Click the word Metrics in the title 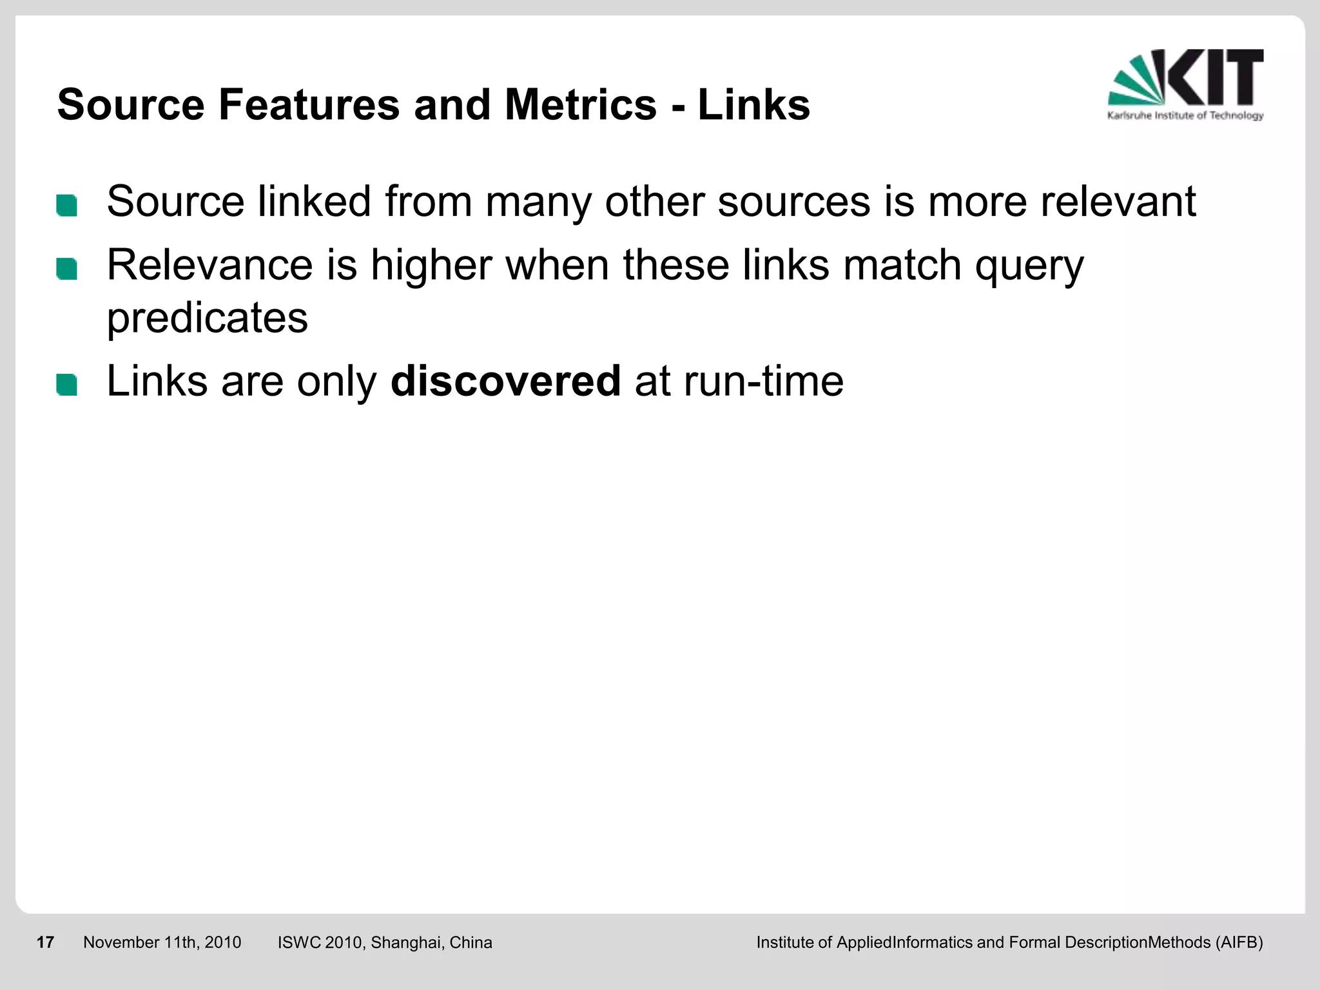pos(580,104)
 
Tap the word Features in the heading pos(309,104)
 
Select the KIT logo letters pos(1215,77)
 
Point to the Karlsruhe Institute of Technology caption pos(1185,116)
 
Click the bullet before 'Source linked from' pos(67,206)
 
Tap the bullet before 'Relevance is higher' pos(67,269)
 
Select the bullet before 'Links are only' pos(67,385)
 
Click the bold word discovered pos(505,381)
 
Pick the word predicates pos(207,318)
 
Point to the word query pos(1029,266)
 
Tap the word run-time pos(763,381)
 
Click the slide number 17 pos(45,942)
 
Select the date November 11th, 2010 pos(162,942)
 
